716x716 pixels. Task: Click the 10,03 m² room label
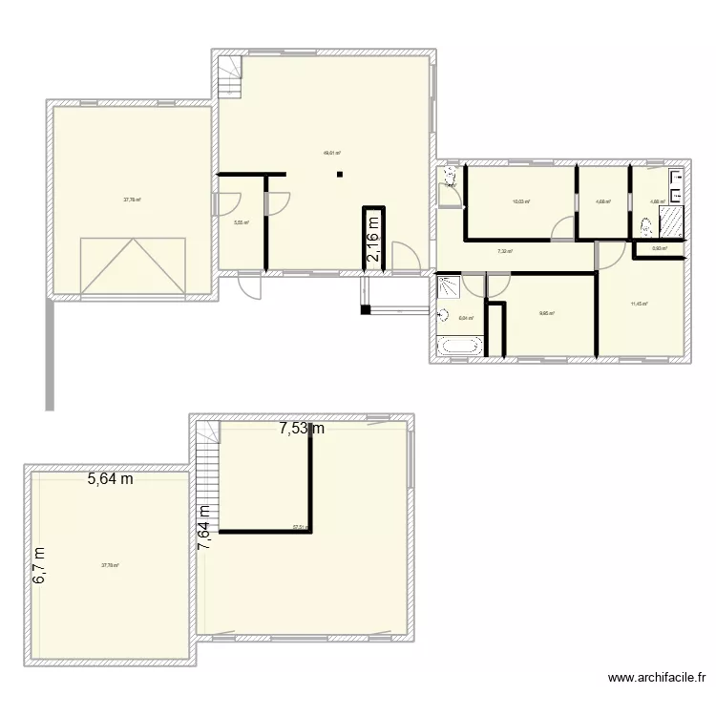click(520, 201)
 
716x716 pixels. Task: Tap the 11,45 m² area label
click(639, 304)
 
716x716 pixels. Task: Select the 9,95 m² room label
click(545, 312)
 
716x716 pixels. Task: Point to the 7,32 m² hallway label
click(504, 251)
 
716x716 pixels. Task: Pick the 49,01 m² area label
click(332, 152)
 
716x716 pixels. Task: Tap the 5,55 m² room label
click(241, 222)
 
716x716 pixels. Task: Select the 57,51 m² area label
click(301, 527)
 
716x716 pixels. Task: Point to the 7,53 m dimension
click(302, 429)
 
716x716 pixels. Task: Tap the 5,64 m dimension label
click(111, 479)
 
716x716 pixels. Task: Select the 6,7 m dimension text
click(39, 566)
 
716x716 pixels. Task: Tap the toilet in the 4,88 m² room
click(647, 227)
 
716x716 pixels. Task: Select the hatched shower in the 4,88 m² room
click(672, 221)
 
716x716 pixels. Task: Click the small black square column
click(338, 174)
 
